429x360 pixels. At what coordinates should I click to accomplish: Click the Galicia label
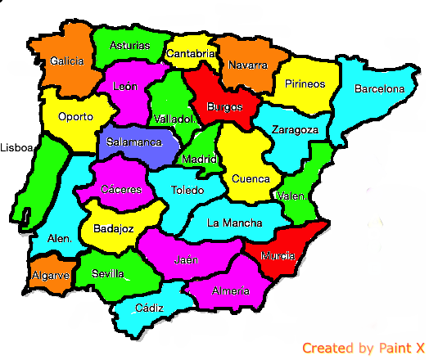66,61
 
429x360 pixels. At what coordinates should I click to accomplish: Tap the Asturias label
129,46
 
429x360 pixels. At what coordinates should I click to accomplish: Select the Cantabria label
192,54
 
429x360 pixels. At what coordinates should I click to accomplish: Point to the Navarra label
248,65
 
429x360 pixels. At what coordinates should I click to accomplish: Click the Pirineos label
305,83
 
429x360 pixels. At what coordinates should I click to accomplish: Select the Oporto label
75,116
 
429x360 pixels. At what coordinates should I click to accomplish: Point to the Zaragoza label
296,130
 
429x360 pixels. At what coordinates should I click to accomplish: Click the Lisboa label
16,148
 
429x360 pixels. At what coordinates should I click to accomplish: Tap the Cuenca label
251,178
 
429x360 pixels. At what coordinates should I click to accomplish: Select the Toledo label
188,190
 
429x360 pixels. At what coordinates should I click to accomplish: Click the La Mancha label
235,223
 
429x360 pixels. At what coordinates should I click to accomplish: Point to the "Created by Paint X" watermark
363,349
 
